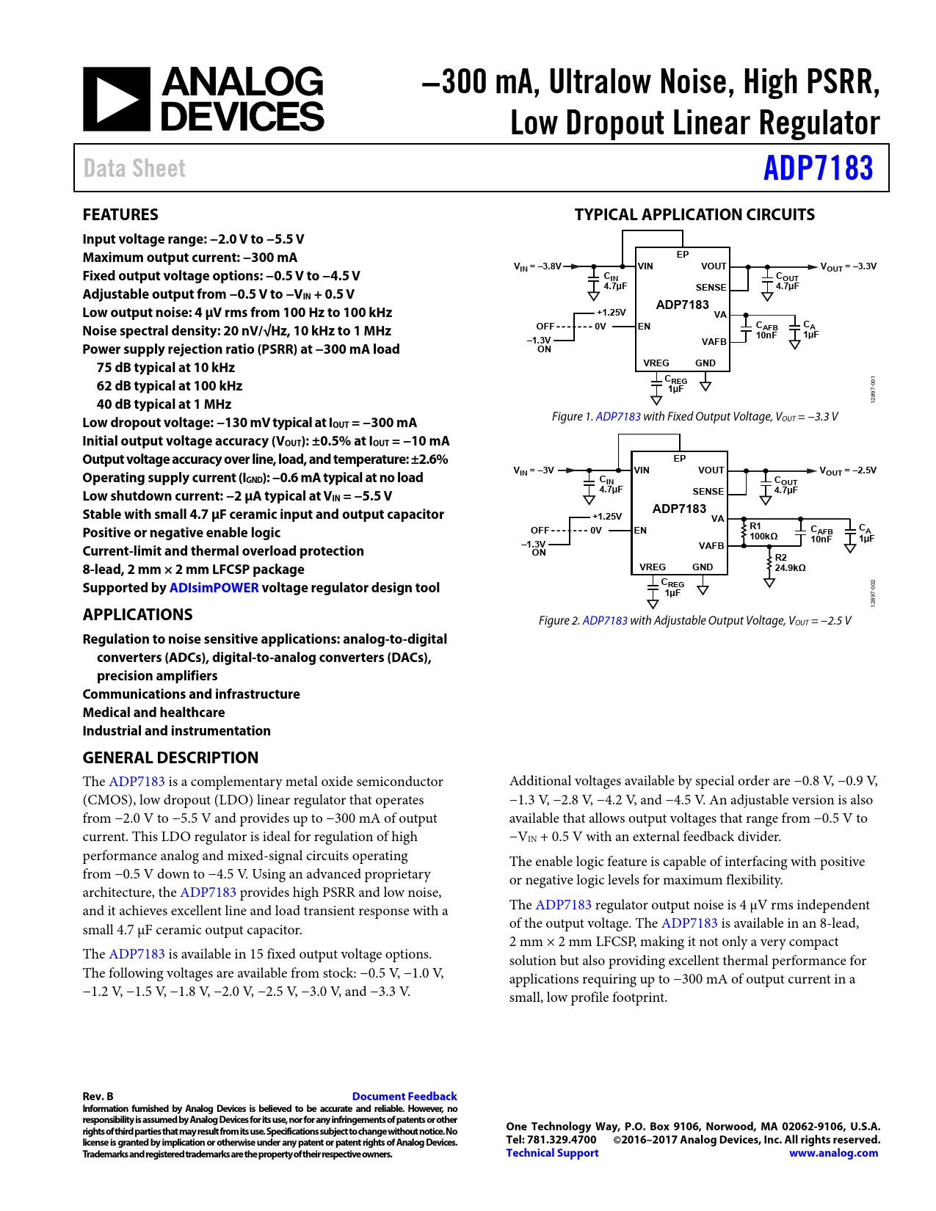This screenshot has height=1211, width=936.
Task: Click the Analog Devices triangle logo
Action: click(x=116, y=99)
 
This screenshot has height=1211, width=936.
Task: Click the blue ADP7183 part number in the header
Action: click(x=818, y=168)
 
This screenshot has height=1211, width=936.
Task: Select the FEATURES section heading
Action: click(x=120, y=215)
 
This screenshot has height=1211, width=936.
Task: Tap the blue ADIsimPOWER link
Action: click(x=214, y=588)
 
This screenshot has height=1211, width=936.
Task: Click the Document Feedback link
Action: click(x=404, y=1097)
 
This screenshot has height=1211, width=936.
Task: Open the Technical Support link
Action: click(x=552, y=1153)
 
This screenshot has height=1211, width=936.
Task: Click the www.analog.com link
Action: click(x=833, y=1153)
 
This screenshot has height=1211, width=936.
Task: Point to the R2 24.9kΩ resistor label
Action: click(x=790, y=563)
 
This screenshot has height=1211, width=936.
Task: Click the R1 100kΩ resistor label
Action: click(x=763, y=531)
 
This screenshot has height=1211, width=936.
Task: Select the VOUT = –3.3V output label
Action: click(x=848, y=266)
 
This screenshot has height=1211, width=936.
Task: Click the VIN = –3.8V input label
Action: click(x=537, y=266)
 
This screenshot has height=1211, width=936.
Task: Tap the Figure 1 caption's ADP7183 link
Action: click(x=617, y=417)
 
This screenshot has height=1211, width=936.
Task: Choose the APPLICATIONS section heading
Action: click(x=137, y=615)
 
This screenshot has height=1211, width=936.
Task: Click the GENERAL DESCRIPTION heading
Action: click(x=170, y=758)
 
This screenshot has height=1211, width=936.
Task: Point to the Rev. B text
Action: click(x=98, y=1097)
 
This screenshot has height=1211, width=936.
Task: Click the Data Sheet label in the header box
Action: click(x=134, y=169)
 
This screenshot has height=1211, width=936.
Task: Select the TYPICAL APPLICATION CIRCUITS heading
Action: click(x=694, y=215)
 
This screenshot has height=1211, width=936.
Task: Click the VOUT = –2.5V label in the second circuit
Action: click(x=847, y=470)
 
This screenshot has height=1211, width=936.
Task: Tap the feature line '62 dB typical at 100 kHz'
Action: click(x=169, y=386)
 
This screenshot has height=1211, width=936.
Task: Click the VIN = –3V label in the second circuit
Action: click(x=534, y=470)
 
